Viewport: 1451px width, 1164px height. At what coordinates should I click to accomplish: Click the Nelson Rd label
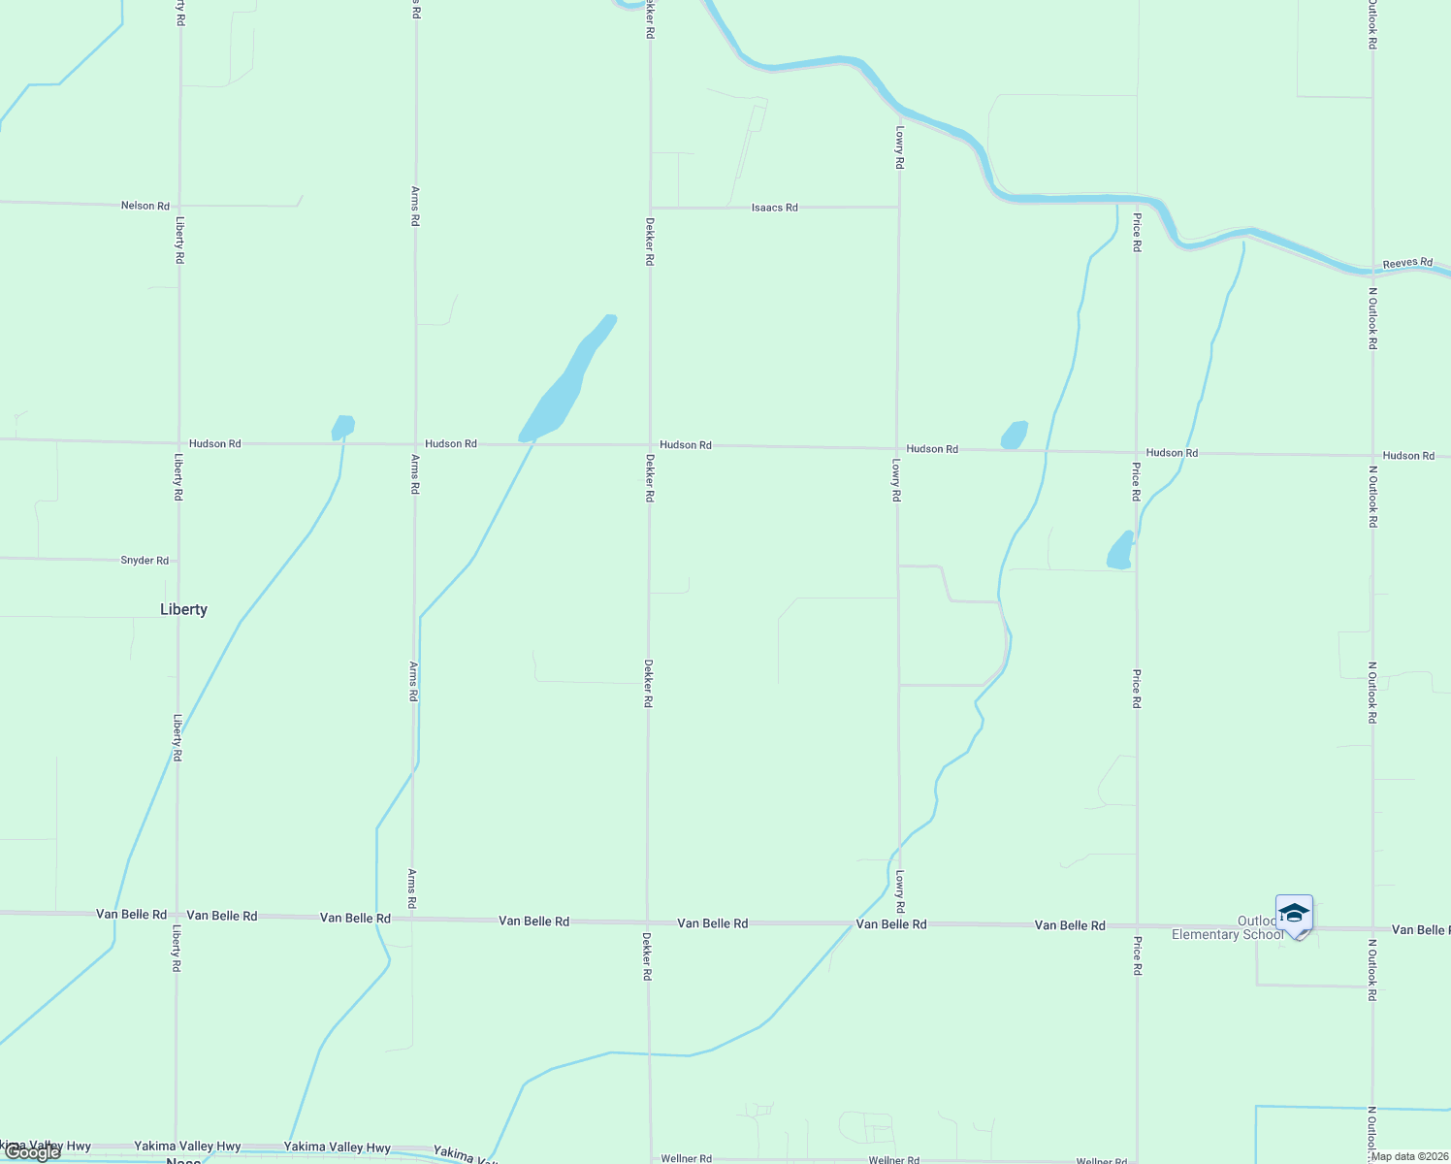[145, 206]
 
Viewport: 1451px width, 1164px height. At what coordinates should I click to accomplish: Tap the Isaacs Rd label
[774, 208]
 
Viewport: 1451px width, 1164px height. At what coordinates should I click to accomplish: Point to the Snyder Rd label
[145, 561]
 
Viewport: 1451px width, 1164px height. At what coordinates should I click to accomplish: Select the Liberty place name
[183, 609]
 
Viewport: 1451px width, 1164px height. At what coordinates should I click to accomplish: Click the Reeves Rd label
[1407, 263]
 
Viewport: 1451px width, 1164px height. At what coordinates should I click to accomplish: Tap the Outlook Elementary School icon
[1294, 916]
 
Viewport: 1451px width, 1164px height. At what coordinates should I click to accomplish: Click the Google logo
[32, 1152]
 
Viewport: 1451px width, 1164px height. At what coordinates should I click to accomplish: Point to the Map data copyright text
[1408, 1156]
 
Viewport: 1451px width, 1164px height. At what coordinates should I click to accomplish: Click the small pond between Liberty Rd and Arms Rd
[343, 427]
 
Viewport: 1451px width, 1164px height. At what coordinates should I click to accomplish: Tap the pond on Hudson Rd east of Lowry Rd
[1014, 435]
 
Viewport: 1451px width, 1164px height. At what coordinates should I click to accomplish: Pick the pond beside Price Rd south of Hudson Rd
[1120, 550]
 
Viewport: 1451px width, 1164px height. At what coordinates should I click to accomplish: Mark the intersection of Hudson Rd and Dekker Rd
[650, 445]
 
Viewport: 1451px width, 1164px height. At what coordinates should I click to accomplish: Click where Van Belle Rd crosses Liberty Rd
[177, 914]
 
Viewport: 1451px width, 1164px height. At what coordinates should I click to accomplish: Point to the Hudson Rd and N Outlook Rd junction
[1372, 455]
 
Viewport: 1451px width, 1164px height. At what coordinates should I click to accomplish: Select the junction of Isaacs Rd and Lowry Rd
[898, 207]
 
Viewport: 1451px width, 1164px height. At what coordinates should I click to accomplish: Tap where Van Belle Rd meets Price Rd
[1137, 926]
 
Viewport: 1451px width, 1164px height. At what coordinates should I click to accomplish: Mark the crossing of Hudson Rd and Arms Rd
[415, 443]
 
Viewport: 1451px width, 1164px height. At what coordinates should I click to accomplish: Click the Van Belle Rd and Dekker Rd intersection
[648, 921]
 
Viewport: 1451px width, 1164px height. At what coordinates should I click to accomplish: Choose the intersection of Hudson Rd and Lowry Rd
[897, 449]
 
